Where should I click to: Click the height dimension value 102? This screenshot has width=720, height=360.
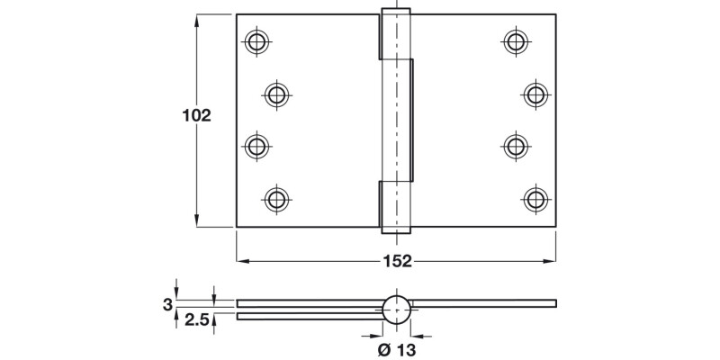(x=196, y=115)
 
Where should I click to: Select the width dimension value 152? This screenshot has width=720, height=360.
(x=397, y=261)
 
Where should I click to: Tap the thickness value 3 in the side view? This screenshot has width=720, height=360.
(x=167, y=304)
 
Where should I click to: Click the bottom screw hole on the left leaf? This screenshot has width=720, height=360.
(x=276, y=197)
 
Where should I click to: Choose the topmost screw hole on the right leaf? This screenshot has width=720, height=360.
(x=516, y=40)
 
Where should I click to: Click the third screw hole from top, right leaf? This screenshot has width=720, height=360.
(x=516, y=144)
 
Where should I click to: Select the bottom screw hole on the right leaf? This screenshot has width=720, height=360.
(x=535, y=197)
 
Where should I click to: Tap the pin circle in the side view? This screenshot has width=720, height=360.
(x=397, y=309)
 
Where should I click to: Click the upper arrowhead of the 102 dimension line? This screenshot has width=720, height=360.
(x=197, y=19)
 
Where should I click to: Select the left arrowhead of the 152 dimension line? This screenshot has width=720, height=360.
(x=242, y=261)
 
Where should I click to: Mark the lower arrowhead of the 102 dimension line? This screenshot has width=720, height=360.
(x=197, y=222)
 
